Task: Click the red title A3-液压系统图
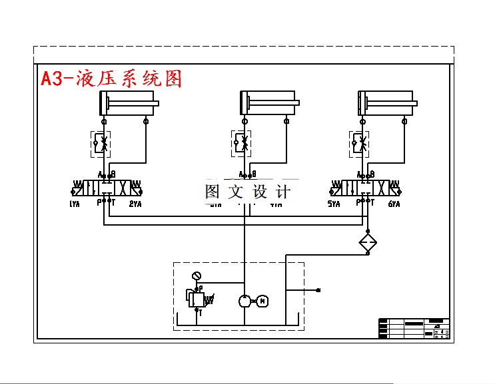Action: point(111,79)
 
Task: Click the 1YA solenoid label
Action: point(74,204)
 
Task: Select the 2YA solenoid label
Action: point(135,204)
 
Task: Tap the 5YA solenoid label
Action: point(334,204)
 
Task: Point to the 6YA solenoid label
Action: point(394,204)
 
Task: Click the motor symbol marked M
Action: point(262,301)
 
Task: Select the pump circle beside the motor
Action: point(245,301)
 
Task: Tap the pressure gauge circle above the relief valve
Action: point(196,276)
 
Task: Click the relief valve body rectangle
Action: point(196,298)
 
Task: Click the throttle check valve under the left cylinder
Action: point(101,144)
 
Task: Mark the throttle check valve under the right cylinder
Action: point(360,144)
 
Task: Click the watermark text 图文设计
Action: point(247,192)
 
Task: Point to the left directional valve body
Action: point(107,187)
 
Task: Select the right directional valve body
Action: point(364,187)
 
